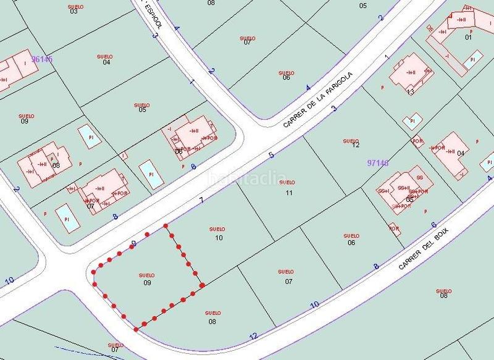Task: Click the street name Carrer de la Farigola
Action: [x=317, y=100]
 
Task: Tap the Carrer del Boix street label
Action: [x=425, y=249]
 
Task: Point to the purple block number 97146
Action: [x=377, y=163]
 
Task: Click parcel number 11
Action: [x=288, y=193]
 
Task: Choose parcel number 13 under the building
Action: [x=410, y=91]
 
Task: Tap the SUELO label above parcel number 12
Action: [x=350, y=141]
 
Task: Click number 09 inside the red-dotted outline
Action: [x=147, y=283]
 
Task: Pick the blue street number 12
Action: [x=253, y=337]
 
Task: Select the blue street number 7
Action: [x=201, y=199]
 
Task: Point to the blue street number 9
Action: [x=133, y=244]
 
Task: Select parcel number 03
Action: [x=74, y=11]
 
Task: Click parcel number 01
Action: [x=468, y=37]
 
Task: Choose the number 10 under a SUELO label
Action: [x=219, y=238]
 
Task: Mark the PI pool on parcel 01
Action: [x=473, y=60]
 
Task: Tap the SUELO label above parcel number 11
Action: [x=287, y=183]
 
